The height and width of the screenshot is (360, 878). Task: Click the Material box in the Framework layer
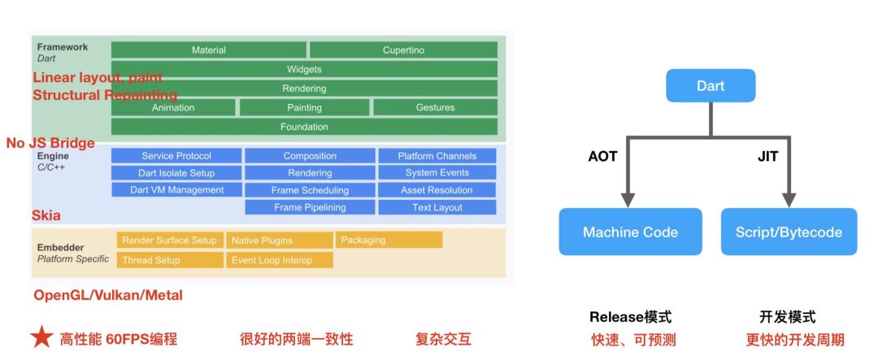(x=209, y=50)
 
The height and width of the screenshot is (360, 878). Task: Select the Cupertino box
(x=403, y=50)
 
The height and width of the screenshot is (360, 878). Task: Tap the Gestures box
(x=435, y=107)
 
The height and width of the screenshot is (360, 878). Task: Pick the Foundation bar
(x=304, y=127)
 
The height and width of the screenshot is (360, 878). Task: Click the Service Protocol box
(x=176, y=156)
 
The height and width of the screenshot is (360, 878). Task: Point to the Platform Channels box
(x=437, y=156)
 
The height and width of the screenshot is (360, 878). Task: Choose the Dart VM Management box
(x=176, y=190)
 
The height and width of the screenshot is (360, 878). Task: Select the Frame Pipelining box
(x=310, y=207)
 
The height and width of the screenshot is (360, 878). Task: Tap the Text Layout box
(x=437, y=207)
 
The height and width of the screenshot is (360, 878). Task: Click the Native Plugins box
(x=279, y=241)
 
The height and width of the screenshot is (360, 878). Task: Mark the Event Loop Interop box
(x=279, y=260)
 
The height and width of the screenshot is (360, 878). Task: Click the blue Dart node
(x=711, y=85)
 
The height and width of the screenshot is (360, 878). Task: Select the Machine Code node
(x=630, y=232)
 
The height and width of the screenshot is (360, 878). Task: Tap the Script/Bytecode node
(x=789, y=232)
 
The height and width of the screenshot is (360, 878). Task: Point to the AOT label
(x=602, y=157)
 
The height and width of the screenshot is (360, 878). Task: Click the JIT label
(x=767, y=157)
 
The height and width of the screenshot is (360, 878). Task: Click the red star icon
(x=41, y=338)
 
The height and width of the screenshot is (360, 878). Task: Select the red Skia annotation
(x=46, y=215)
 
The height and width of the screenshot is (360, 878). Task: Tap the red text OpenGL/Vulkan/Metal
(x=108, y=295)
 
